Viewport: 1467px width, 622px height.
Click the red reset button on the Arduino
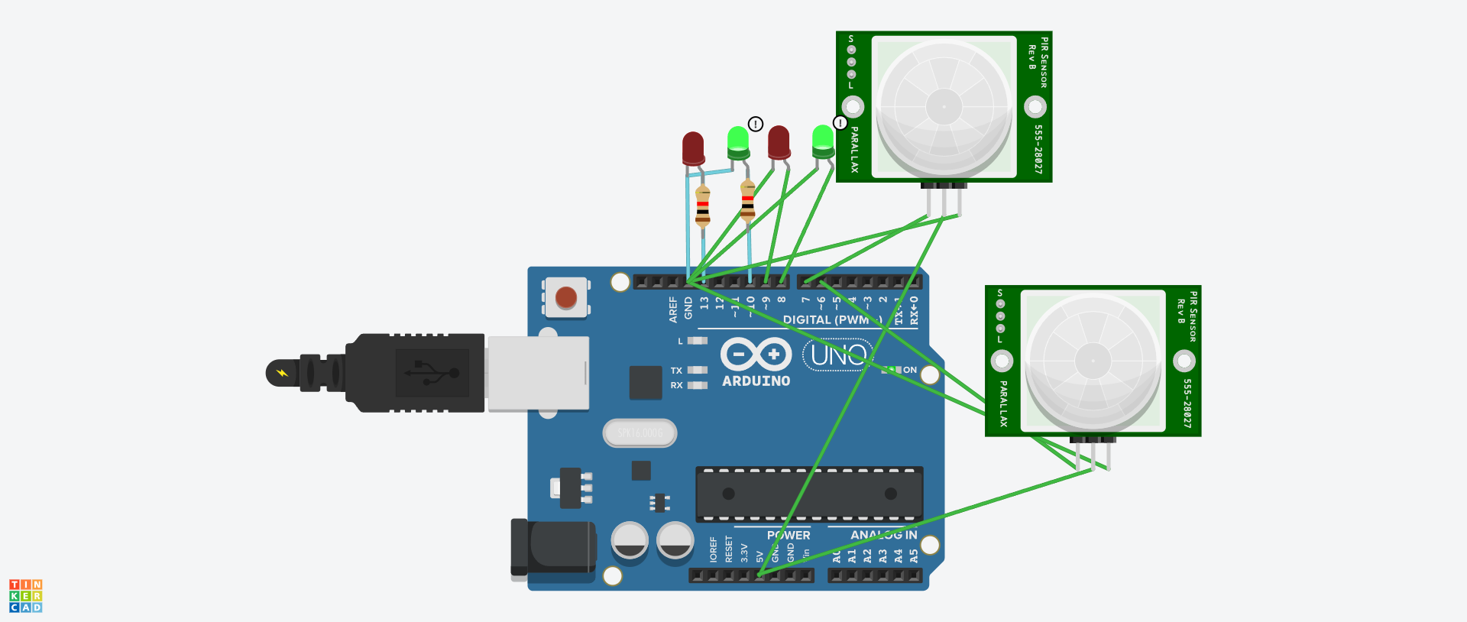point(566,297)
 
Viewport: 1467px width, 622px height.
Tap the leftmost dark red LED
point(693,148)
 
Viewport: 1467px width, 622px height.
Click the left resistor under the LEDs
point(702,206)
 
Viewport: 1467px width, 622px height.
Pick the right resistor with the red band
point(747,201)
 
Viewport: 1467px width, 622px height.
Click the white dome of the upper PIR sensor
point(944,106)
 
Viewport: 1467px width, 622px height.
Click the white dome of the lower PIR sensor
point(1093,361)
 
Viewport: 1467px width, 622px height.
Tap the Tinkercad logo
point(25,596)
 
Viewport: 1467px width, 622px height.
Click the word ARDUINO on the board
point(756,381)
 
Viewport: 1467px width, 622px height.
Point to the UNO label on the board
point(838,355)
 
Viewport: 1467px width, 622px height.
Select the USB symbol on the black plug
point(432,373)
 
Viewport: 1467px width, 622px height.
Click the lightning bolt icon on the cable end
point(282,373)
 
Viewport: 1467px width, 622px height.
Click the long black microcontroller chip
point(808,494)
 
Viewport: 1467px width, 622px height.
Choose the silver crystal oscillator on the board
point(640,433)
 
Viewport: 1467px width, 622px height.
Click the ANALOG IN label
point(883,535)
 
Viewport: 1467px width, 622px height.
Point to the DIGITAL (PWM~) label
point(831,319)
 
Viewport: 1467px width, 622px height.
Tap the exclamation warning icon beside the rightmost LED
point(840,123)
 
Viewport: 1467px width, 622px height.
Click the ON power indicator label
point(909,370)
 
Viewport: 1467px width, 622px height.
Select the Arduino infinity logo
point(756,354)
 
